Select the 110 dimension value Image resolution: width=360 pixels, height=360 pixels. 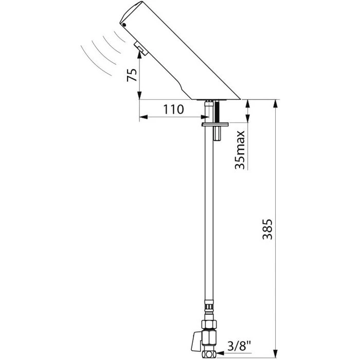point(173,109)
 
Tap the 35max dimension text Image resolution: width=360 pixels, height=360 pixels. point(239,150)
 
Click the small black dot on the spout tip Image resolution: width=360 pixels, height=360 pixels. point(123,24)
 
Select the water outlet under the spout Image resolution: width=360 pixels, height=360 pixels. point(140,49)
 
